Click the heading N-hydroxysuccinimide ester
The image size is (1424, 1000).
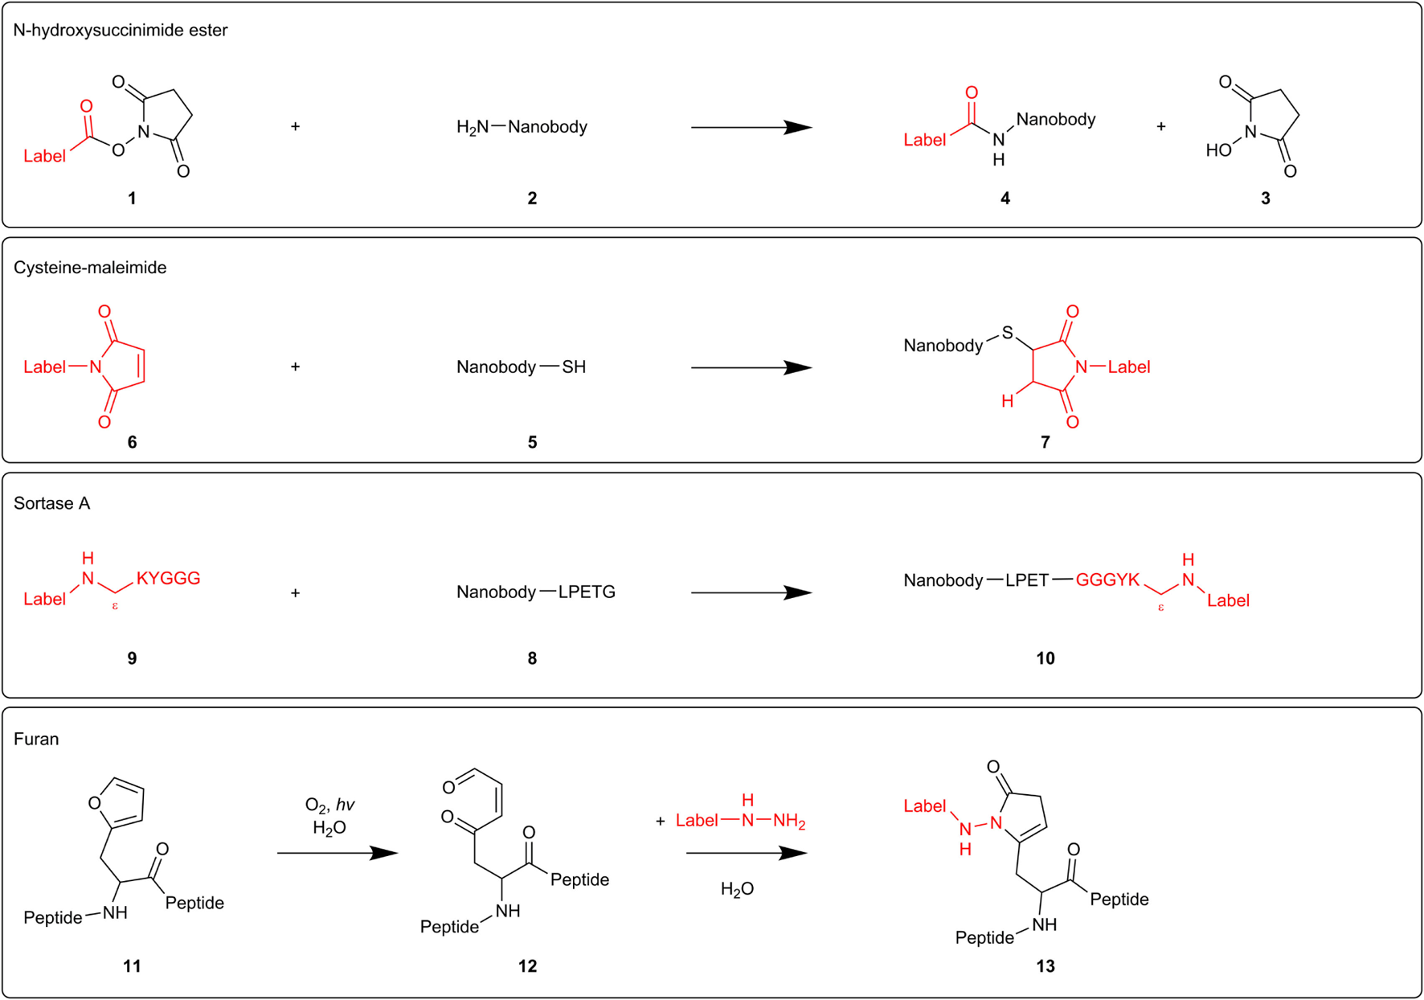[121, 31]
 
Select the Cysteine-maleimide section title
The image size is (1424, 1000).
[90, 268]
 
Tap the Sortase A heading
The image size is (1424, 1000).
[51, 503]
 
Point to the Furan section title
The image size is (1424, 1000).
[36, 739]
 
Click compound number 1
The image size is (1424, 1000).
[132, 199]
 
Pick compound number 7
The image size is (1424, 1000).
[1045, 442]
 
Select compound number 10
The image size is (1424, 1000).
[1045, 658]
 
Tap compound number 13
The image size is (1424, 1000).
[1045, 966]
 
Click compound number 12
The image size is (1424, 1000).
[527, 966]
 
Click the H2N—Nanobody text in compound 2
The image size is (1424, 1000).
[522, 127]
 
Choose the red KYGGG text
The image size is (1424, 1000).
[168, 579]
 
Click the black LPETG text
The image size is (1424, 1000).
[587, 592]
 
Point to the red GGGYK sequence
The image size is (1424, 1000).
[1107, 580]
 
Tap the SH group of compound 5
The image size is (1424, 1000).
[574, 367]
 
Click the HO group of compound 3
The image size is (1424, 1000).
[1218, 150]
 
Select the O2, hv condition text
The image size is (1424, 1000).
[329, 805]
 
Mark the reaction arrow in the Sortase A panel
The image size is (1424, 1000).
[751, 592]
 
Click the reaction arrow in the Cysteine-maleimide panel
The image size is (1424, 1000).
[751, 367]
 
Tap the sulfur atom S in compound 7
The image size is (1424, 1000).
[1007, 333]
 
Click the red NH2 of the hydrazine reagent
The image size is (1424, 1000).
[788, 821]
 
